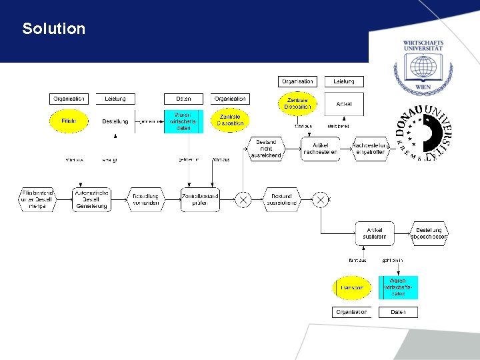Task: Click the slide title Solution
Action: pyautogui.click(x=53, y=29)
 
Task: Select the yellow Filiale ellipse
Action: pyautogui.click(x=69, y=121)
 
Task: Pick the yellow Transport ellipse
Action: pyautogui.click(x=351, y=288)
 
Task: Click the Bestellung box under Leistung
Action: pyautogui.click(x=115, y=121)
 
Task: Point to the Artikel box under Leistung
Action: pyautogui.click(x=344, y=104)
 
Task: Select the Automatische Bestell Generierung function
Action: pyautogui.click(x=91, y=199)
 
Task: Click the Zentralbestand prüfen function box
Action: pyautogui.click(x=200, y=199)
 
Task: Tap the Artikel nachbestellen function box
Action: pyautogui.click(x=320, y=148)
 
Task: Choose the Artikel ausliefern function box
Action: pyautogui.click(x=374, y=233)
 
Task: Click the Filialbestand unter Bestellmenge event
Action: pyautogui.click(x=37, y=199)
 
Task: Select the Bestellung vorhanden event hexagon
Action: pyautogui.click(x=145, y=199)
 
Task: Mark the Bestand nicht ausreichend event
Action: pyautogui.click(x=265, y=148)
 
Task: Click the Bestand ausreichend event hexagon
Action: pyautogui.click(x=281, y=199)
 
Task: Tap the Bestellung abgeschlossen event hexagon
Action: pyautogui.click(x=429, y=233)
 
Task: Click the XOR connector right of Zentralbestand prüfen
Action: pyautogui.click(x=243, y=199)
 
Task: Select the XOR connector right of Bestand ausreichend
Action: pyautogui.click(x=321, y=199)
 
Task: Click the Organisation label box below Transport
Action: pyautogui.click(x=351, y=312)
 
